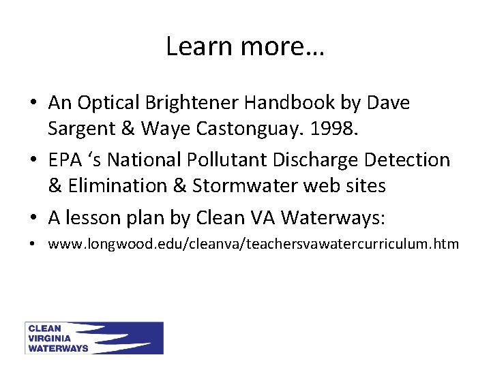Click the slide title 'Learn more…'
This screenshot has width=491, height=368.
(245, 46)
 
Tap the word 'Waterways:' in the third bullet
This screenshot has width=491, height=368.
(334, 217)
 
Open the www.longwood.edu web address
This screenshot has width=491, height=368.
(253, 244)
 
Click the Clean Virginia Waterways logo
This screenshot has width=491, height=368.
(94, 338)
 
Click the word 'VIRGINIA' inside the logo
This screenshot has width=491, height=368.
(52, 338)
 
